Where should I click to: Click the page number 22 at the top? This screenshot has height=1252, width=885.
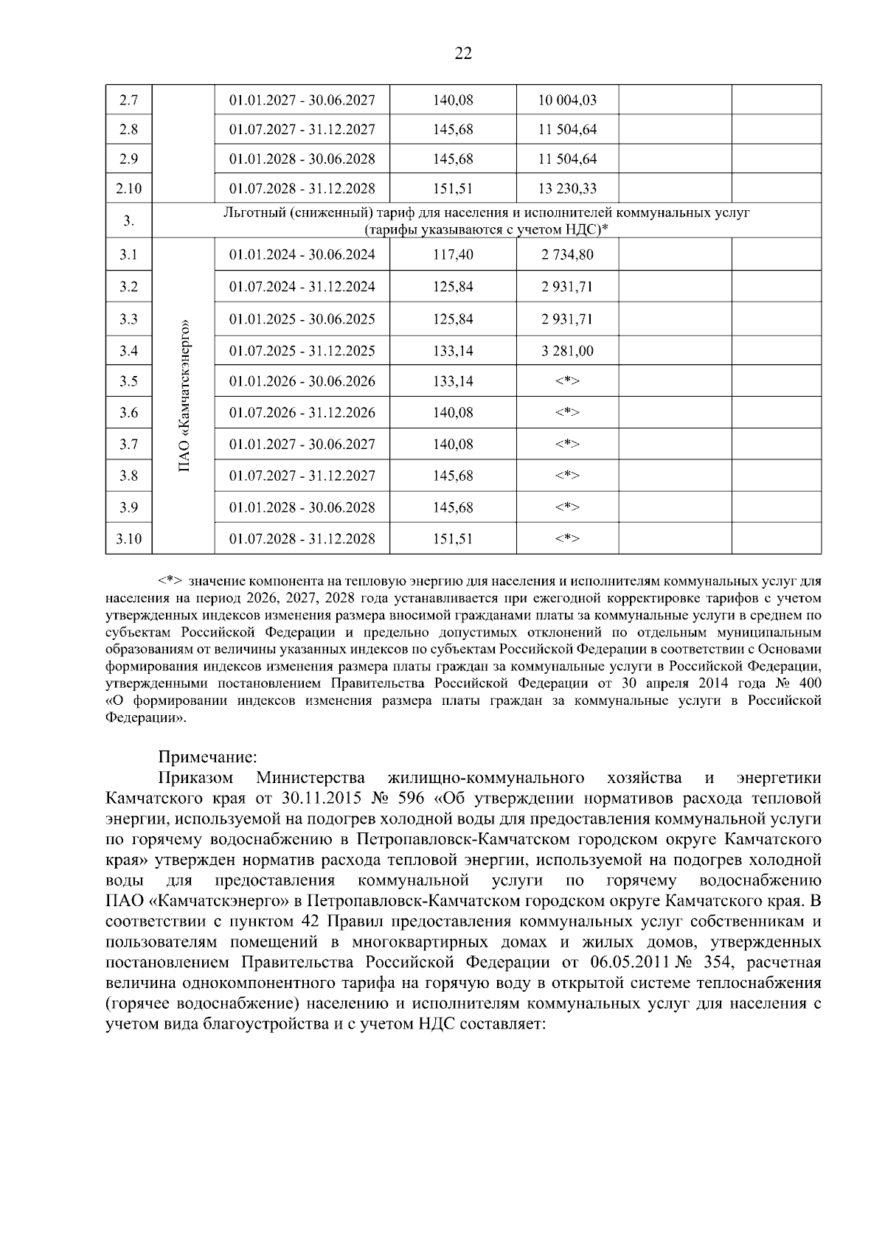(463, 53)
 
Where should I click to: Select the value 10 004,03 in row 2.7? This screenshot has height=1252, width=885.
(566, 100)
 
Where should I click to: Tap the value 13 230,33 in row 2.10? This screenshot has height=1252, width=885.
(566, 188)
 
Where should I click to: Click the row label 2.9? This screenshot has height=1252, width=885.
(128, 159)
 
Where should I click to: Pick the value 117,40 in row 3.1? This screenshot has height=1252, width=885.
(453, 254)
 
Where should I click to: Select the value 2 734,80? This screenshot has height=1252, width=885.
(566, 254)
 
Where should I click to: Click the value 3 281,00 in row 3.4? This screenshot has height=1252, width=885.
(566, 350)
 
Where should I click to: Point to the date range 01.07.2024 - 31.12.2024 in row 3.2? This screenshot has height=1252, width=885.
(302, 286)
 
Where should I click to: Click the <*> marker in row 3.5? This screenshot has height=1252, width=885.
(566, 381)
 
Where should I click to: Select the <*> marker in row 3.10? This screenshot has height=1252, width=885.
(566, 539)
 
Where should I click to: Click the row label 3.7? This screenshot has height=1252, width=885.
(128, 444)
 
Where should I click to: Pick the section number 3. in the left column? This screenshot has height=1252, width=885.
(128, 220)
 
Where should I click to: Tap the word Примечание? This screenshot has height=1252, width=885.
(208, 757)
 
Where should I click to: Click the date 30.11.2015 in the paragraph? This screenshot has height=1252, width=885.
(318, 798)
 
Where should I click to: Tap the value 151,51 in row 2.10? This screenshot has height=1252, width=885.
(453, 188)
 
